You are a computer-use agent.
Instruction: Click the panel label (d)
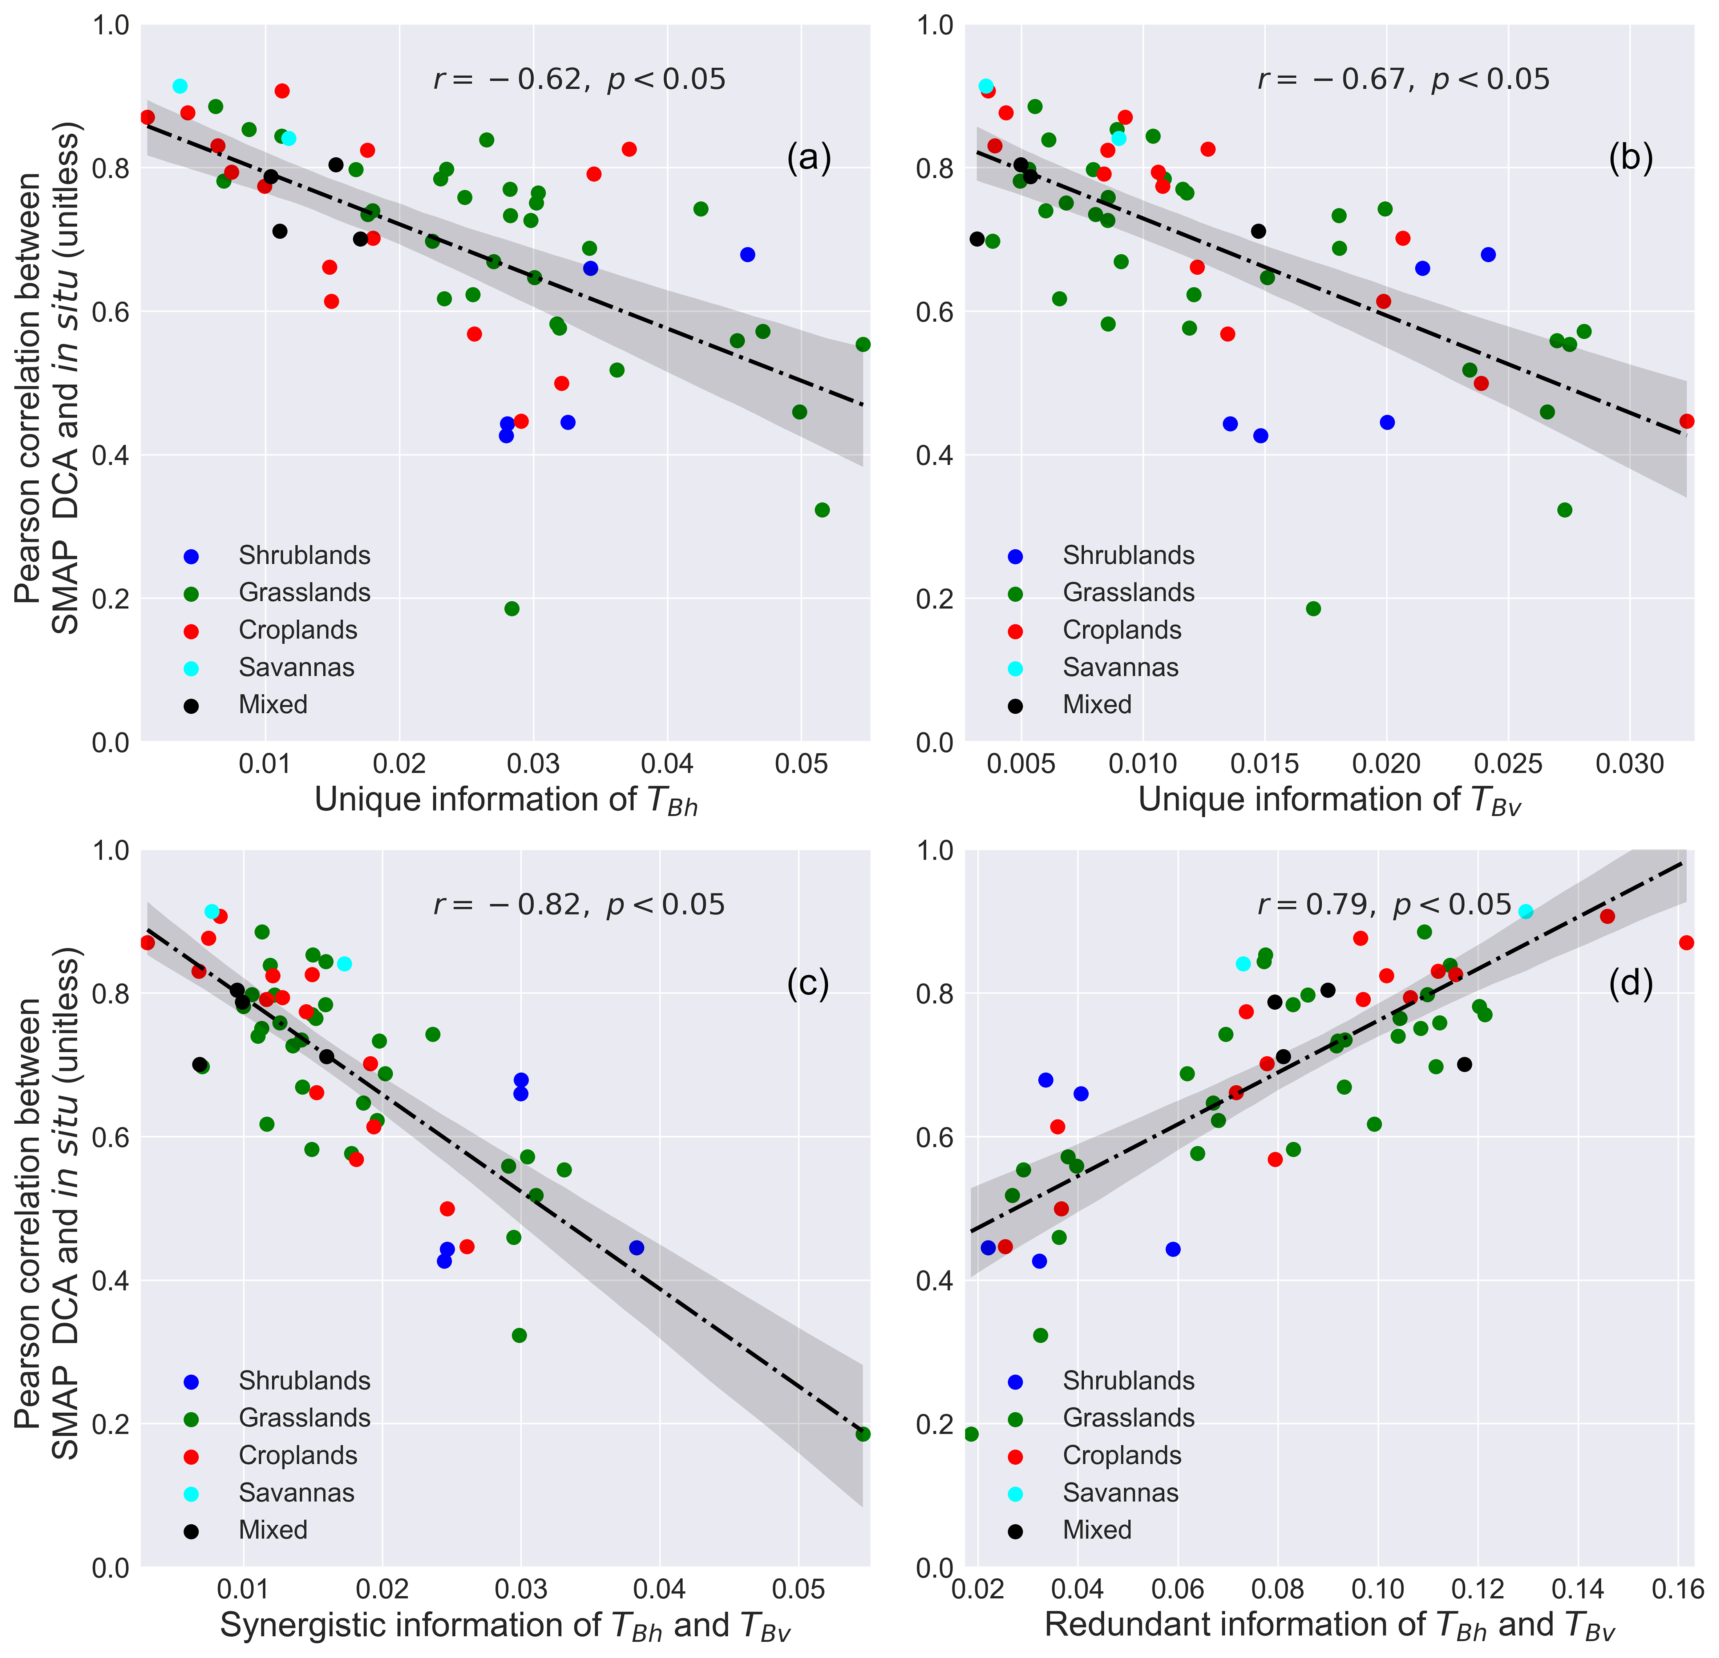(x=1630, y=985)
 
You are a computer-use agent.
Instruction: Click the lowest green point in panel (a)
(x=512, y=609)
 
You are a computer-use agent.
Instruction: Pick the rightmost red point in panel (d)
(x=1685, y=943)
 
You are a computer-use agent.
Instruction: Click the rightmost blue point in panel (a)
(x=747, y=254)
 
